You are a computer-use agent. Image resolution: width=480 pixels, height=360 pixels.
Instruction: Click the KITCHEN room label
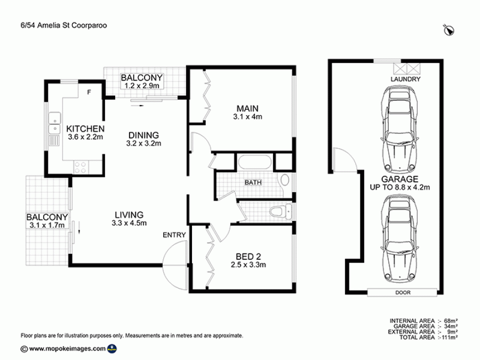click(x=85, y=129)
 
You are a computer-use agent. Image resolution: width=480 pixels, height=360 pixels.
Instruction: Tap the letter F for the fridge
click(x=89, y=92)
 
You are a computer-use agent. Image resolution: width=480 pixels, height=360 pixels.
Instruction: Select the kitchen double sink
click(x=55, y=123)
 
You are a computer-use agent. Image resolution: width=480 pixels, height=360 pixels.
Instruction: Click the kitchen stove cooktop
click(x=81, y=167)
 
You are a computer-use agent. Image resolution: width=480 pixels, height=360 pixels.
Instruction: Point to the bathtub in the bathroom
click(x=255, y=162)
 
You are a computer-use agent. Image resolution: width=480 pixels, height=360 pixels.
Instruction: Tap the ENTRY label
click(x=174, y=235)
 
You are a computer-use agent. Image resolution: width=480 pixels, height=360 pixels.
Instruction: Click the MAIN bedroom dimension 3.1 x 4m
click(x=247, y=117)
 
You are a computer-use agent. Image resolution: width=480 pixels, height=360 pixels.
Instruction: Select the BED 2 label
click(x=248, y=257)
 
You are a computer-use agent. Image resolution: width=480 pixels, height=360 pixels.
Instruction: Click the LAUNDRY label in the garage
click(x=405, y=79)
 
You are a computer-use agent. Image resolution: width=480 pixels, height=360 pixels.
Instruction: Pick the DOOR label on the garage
click(x=403, y=293)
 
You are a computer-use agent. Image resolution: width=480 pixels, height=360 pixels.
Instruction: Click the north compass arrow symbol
click(x=449, y=30)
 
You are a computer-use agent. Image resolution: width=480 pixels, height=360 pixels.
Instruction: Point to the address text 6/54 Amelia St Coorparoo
click(x=63, y=25)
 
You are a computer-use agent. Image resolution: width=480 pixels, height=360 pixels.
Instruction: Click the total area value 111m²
click(x=449, y=338)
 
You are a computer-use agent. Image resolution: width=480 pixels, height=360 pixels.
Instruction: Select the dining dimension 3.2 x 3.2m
click(x=143, y=143)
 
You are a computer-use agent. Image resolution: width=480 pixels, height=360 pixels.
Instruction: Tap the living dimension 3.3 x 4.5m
click(x=129, y=223)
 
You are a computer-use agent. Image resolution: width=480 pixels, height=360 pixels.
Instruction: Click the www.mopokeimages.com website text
click(x=67, y=348)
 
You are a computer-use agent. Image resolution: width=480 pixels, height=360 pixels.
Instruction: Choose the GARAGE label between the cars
click(x=399, y=179)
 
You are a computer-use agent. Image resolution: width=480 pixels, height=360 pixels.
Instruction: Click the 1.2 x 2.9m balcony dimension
click(x=142, y=86)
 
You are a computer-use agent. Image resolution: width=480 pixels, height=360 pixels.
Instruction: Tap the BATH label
click(x=253, y=182)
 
